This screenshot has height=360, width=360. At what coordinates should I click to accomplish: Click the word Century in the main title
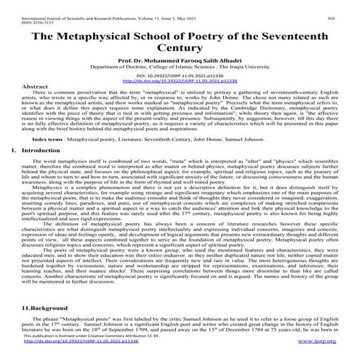[x=179, y=50]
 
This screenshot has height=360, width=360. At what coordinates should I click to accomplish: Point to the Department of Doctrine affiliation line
[x=179, y=74]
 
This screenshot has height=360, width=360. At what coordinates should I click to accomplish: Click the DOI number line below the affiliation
[x=179, y=84]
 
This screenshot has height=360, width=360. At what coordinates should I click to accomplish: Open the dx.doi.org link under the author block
[x=179, y=89]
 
